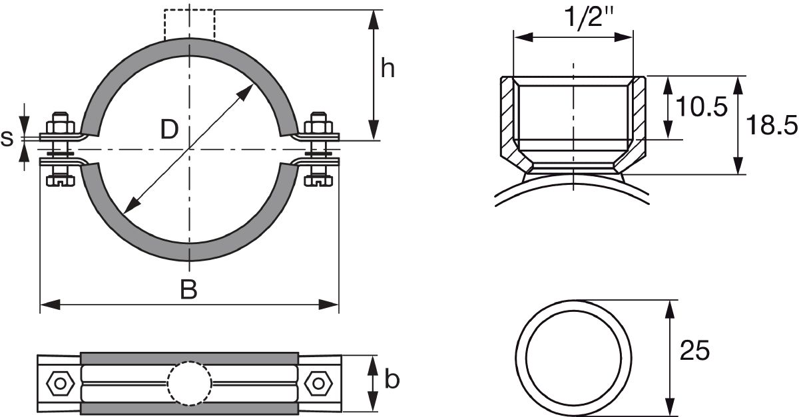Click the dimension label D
coord(169,130)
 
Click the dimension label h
coord(388,68)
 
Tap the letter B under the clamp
coord(188,289)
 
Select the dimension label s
coord(7,138)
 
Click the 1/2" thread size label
coord(589,17)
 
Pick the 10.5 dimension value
coord(701,106)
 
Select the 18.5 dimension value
coord(772,125)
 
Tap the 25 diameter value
coord(694,350)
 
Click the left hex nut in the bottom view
coord(61,384)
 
